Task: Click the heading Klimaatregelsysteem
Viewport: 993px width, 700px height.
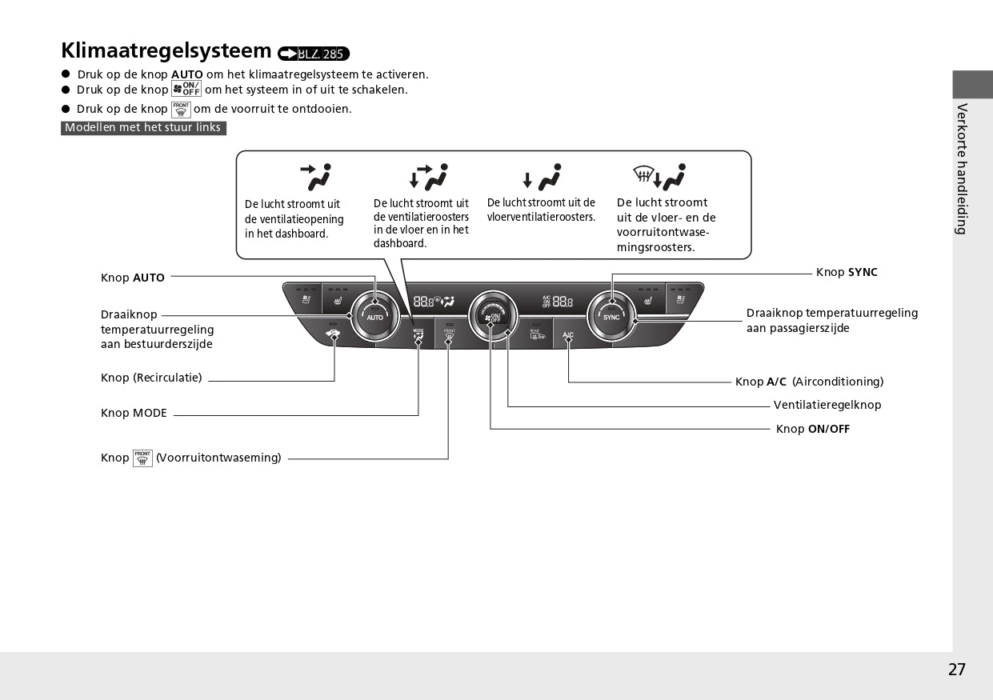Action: coord(166,50)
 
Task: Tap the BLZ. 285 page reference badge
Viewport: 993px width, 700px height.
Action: coord(314,54)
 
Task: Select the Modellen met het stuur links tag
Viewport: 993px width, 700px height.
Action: coord(143,128)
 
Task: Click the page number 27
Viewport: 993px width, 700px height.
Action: coord(957,670)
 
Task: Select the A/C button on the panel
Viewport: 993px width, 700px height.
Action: coord(568,335)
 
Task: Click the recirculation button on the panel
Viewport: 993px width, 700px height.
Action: coord(334,334)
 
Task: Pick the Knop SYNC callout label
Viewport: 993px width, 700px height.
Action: coord(847,273)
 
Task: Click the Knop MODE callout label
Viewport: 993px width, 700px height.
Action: coord(134,414)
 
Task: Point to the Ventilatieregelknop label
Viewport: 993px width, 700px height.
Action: coord(827,406)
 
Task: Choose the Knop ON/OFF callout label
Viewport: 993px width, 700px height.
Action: coord(813,430)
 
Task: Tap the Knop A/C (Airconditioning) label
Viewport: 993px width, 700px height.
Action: coord(809,382)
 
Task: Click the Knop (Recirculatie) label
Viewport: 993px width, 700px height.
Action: coord(151,378)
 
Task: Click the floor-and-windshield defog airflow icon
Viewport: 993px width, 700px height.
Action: coord(659,176)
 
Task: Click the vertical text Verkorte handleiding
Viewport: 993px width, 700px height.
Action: coord(962,169)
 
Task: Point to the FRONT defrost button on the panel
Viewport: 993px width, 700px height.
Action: coord(449,335)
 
